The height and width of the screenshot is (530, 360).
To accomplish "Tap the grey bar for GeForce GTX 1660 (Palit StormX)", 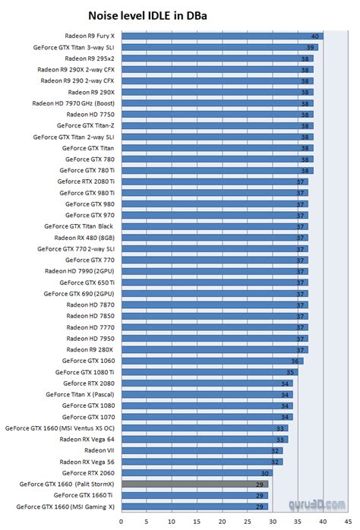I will click(194, 484).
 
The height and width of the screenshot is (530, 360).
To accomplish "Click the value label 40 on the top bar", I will click(314, 36).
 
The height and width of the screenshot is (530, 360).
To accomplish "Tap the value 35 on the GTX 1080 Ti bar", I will click(289, 372).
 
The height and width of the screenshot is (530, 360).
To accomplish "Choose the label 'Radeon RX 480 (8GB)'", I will click(84, 238).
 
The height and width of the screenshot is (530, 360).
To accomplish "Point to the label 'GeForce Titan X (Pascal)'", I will click(80, 394).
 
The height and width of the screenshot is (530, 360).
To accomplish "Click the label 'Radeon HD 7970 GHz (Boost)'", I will click(74, 103).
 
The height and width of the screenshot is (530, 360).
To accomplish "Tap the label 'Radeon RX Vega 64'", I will click(87, 439).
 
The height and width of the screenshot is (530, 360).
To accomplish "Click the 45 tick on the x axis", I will click(344, 522).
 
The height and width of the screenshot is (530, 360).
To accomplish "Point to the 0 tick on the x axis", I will click(122, 522).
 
